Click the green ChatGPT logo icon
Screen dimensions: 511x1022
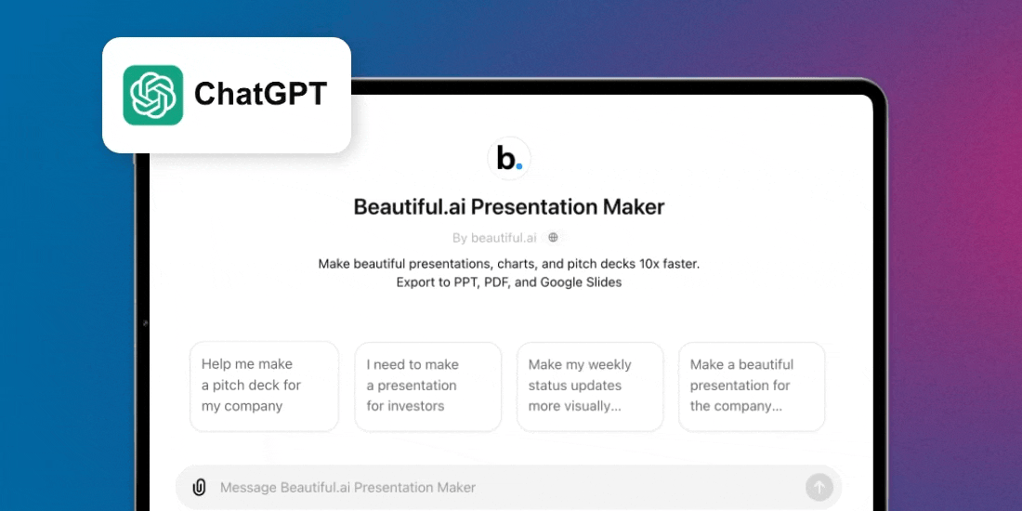coord(153,95)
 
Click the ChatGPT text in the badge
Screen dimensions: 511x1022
coord(260,94)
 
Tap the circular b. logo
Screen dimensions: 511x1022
coord(509,159)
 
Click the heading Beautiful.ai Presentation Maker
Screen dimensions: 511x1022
coord(509,206)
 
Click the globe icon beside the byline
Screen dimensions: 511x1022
coord(553,238)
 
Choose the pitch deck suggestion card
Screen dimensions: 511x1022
coord(264,386)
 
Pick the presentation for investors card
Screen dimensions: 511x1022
coord(427,386)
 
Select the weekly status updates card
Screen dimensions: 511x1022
coord(590,386)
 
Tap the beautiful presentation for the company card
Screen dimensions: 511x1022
coord(752,386)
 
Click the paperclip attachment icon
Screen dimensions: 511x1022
coord(199,487)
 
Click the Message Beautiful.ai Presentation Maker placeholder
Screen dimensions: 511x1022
coord(347,487)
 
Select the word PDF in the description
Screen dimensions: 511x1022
coord(495,282)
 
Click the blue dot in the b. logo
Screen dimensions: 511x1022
coord(519,168)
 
